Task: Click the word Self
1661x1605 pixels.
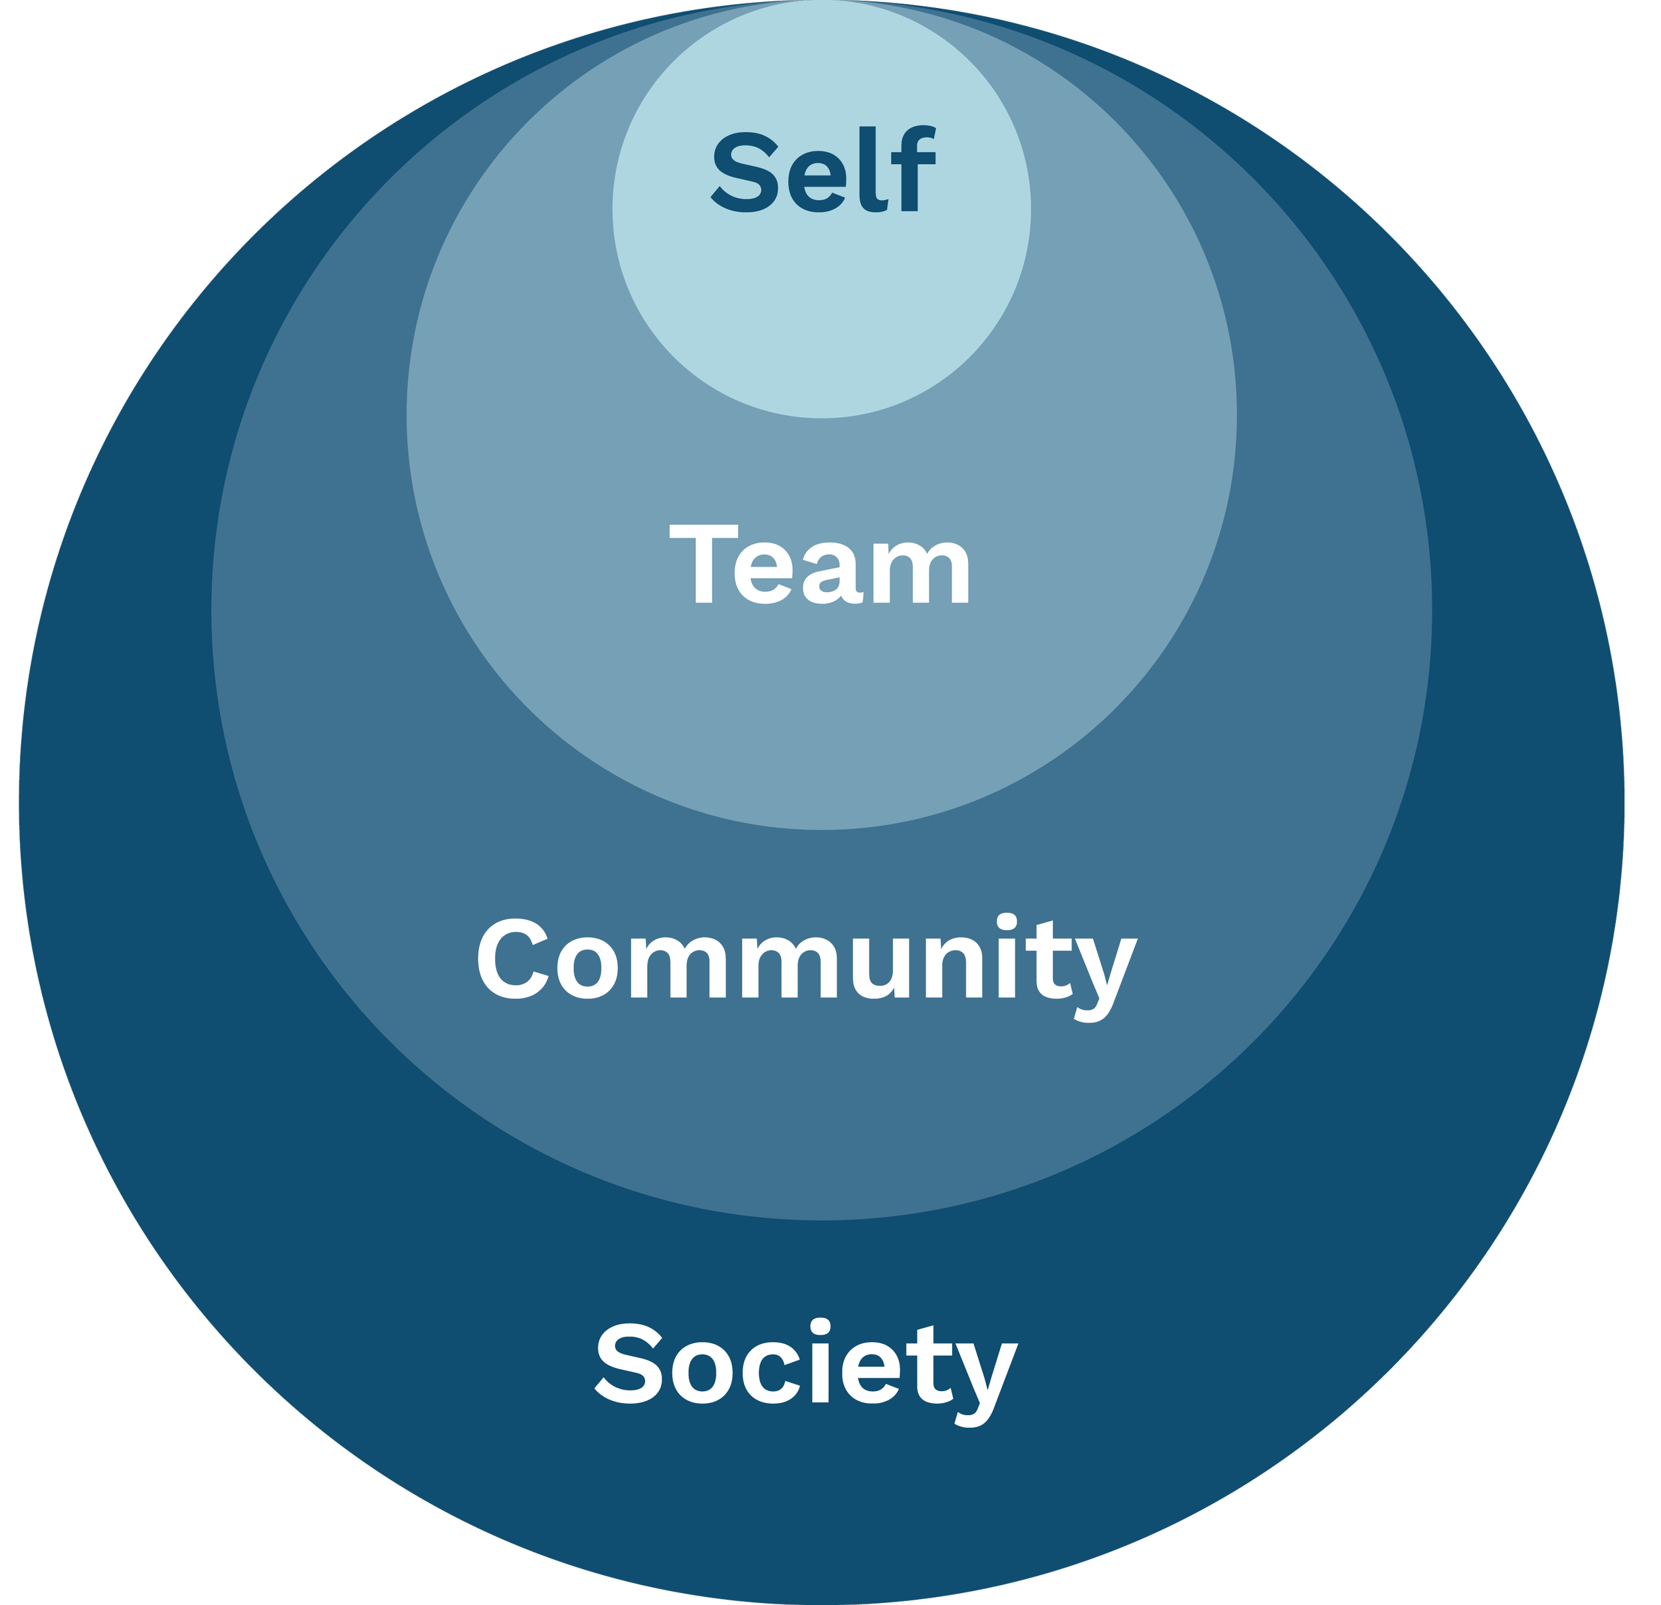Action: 822,171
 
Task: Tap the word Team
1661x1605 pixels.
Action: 819,565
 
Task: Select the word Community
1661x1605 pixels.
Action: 805,962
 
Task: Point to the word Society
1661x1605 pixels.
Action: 805,1363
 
